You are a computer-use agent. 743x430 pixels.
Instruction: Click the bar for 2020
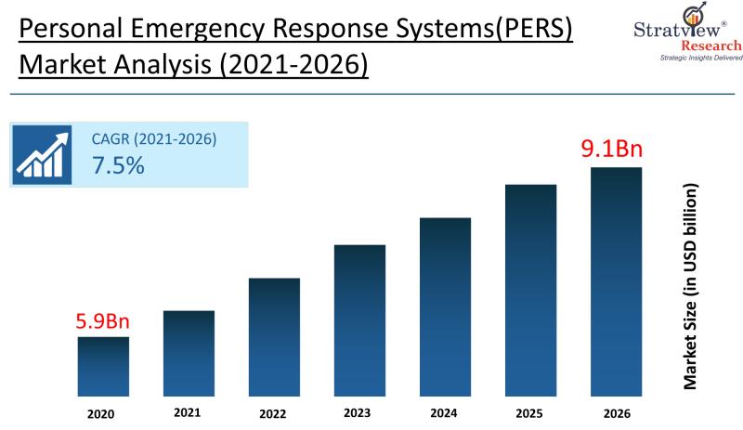[x=103, y=366]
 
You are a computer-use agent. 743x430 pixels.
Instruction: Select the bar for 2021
[x=189, y=353]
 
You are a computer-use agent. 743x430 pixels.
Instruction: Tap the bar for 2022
[x=274, y=336]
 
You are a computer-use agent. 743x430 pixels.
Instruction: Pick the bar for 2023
[x=359, y=319]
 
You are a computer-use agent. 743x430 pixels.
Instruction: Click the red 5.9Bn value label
[x=103, y=322]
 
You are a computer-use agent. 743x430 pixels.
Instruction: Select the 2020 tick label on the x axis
[x=102, y=414]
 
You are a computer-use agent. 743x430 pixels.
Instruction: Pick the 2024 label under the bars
[x=442, y=413]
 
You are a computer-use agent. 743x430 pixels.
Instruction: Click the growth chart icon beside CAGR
[x=43, y=154]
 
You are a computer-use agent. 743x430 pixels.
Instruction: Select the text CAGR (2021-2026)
[x=154, y=139]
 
